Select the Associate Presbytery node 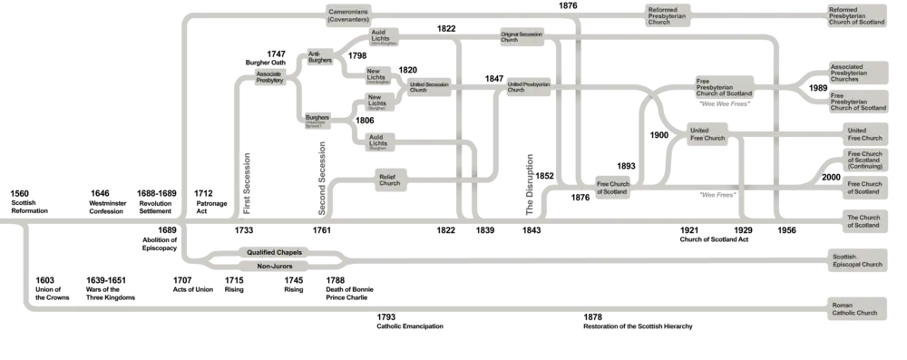click(x=269, y=76)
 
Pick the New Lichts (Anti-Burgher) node click(x=375, y=75)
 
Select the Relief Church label click(x=389, y=181)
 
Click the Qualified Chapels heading click(x=267, y=253)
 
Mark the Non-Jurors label click(x=267, y=267)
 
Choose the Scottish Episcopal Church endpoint click(x=857, y=261)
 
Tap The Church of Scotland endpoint click(x=863, y=221)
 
